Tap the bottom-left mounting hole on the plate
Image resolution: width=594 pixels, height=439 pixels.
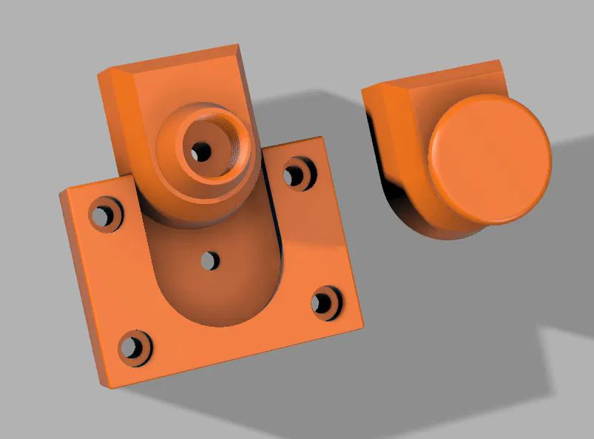pyautogui.click(x=132, y=346)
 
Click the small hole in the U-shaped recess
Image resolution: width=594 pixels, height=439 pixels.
pyautogui.click(x=210, y=260)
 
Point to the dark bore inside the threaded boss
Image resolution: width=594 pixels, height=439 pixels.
pyautogui.click(x=200, y=152)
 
